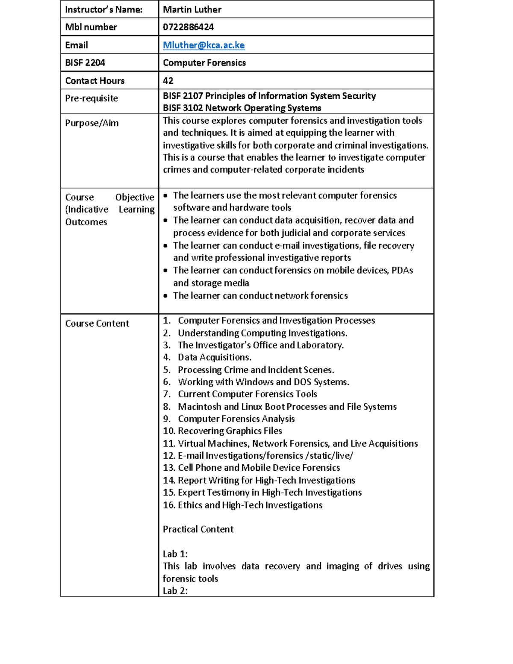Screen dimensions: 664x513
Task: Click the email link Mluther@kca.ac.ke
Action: pyautogui.click(x=203, y=45)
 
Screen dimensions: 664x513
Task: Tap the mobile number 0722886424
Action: pyautogui.click(x=188, y=27)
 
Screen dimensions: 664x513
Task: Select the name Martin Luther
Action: pyautogui.click(x=192, y=9)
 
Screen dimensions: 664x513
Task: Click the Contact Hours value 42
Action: pyautogui.click(x=168, y=81)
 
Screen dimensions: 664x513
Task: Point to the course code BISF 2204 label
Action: pyautogui.click(x=85, y=63)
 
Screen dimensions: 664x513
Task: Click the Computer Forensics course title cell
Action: pyautogui.click(x=204, y=63)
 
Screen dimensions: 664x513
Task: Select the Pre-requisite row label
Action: pyautogui.click(x=91, y=98)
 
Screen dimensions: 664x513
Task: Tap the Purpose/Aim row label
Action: pyautogui.click(x=92, y=123)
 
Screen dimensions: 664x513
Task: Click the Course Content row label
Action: pyautogui.click(x=97, y=324)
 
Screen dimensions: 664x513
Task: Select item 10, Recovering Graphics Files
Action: pyautogui.click(x=230, y=431)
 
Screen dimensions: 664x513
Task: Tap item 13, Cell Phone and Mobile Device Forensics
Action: pyautogui.click(x=258, y=468)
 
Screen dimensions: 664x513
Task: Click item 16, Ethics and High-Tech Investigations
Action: pyautogui.click(x=250, y=505)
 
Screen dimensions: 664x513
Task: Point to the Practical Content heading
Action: pyautogui.click(x=198, y=529)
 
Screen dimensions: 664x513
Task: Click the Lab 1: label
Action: pyautogui.click(x=175, y=554)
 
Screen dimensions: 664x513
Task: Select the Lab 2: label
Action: pyautogui.click(x=175, y=591)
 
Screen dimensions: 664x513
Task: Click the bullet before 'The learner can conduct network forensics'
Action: pyautogui.click(x=166, y=296)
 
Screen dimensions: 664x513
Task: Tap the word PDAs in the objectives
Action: pyautogui.click(x=402, y=271)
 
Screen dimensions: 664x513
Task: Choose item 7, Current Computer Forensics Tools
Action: pyautogui.click(x=247, y=394)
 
